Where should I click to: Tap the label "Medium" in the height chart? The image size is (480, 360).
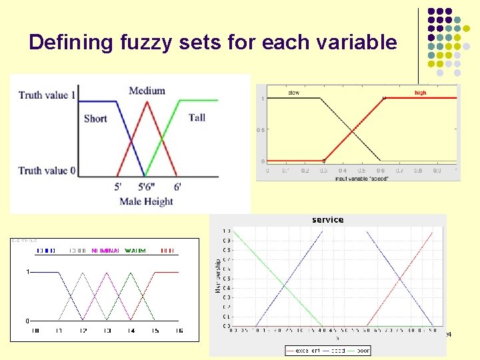pos(147,91)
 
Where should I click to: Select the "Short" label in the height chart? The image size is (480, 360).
pos(95,119)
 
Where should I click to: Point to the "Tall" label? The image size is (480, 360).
pos(197,118)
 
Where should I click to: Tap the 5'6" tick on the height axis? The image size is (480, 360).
pos(146,187)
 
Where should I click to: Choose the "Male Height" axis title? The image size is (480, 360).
pos(146,201)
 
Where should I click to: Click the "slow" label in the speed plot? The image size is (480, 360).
pos(293,93)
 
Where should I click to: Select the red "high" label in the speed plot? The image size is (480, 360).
pos(420,93)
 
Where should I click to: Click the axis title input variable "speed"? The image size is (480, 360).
pos(362,179)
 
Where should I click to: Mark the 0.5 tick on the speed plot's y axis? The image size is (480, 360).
pos(261,130)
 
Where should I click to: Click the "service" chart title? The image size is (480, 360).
pos(327,219)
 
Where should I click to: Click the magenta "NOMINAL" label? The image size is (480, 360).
pos(105,251)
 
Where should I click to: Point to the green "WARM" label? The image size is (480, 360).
pos(135,251)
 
